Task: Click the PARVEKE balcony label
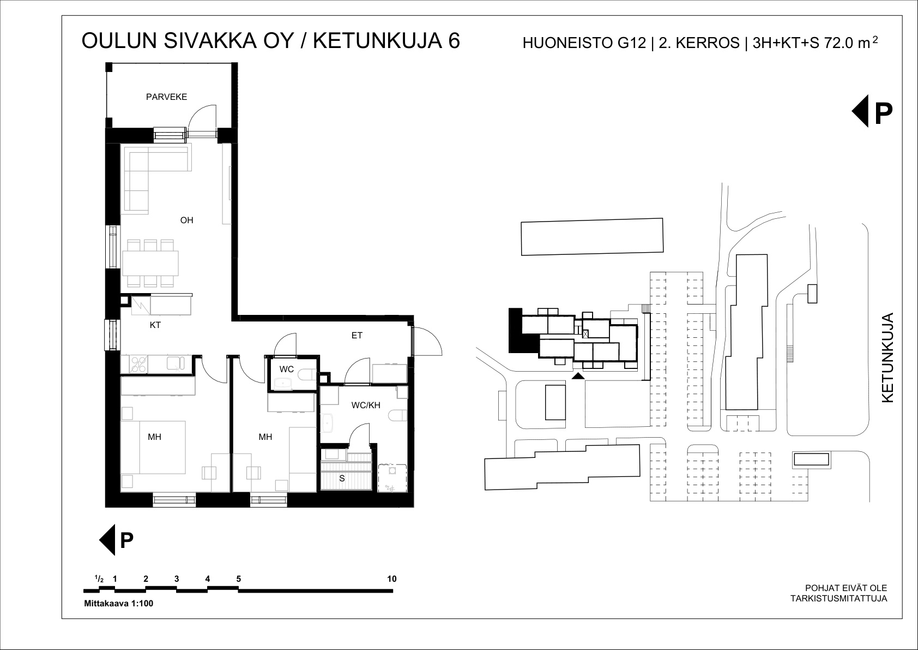coord(166,97)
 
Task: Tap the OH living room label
coord(186,220)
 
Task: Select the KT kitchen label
coord(155,325)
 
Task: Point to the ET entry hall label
coord(357,335)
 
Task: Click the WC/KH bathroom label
coord(366,405)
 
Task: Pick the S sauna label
coord(342,479)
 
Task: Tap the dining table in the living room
coord(150,263)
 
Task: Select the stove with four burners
coord(138,365)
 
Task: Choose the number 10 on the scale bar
coord(392,579)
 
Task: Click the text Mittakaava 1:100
coord(118,604)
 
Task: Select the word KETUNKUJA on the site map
coord(887,357)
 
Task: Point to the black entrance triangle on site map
coord(578,376)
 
